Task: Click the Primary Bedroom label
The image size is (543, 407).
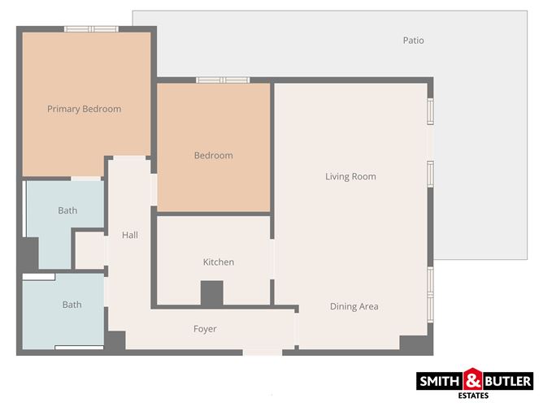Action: click(x=84, y=109)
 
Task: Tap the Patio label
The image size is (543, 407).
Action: click(x=413, y=41)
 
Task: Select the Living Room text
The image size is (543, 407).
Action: click(x=350, y=176)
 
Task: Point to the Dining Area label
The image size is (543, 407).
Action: click(x=354, y=306)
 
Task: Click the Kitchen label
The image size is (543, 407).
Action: click(x=218, y=262)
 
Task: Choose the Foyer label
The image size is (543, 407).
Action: click(x=205, y=328)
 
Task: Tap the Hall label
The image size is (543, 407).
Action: click(x=130, y=236)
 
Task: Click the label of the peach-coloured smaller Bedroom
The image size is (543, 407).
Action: click(x=213, y=155)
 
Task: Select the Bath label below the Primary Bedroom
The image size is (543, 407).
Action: click(x=67, y=210)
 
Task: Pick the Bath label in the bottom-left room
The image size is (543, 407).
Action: click(x=72, y=305)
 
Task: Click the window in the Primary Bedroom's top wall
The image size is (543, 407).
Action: click(x=91, y=28)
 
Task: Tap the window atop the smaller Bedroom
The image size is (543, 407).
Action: click(x=222, y=80)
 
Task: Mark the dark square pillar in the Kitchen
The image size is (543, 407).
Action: click(x=212, y=292)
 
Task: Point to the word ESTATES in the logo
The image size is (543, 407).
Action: click(x=475, y=396)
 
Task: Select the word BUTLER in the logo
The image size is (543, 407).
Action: click(x=508, y=380)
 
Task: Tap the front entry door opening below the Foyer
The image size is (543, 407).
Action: click(x=262, y=352)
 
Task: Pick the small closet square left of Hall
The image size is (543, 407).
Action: click(x=89, y=250)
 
